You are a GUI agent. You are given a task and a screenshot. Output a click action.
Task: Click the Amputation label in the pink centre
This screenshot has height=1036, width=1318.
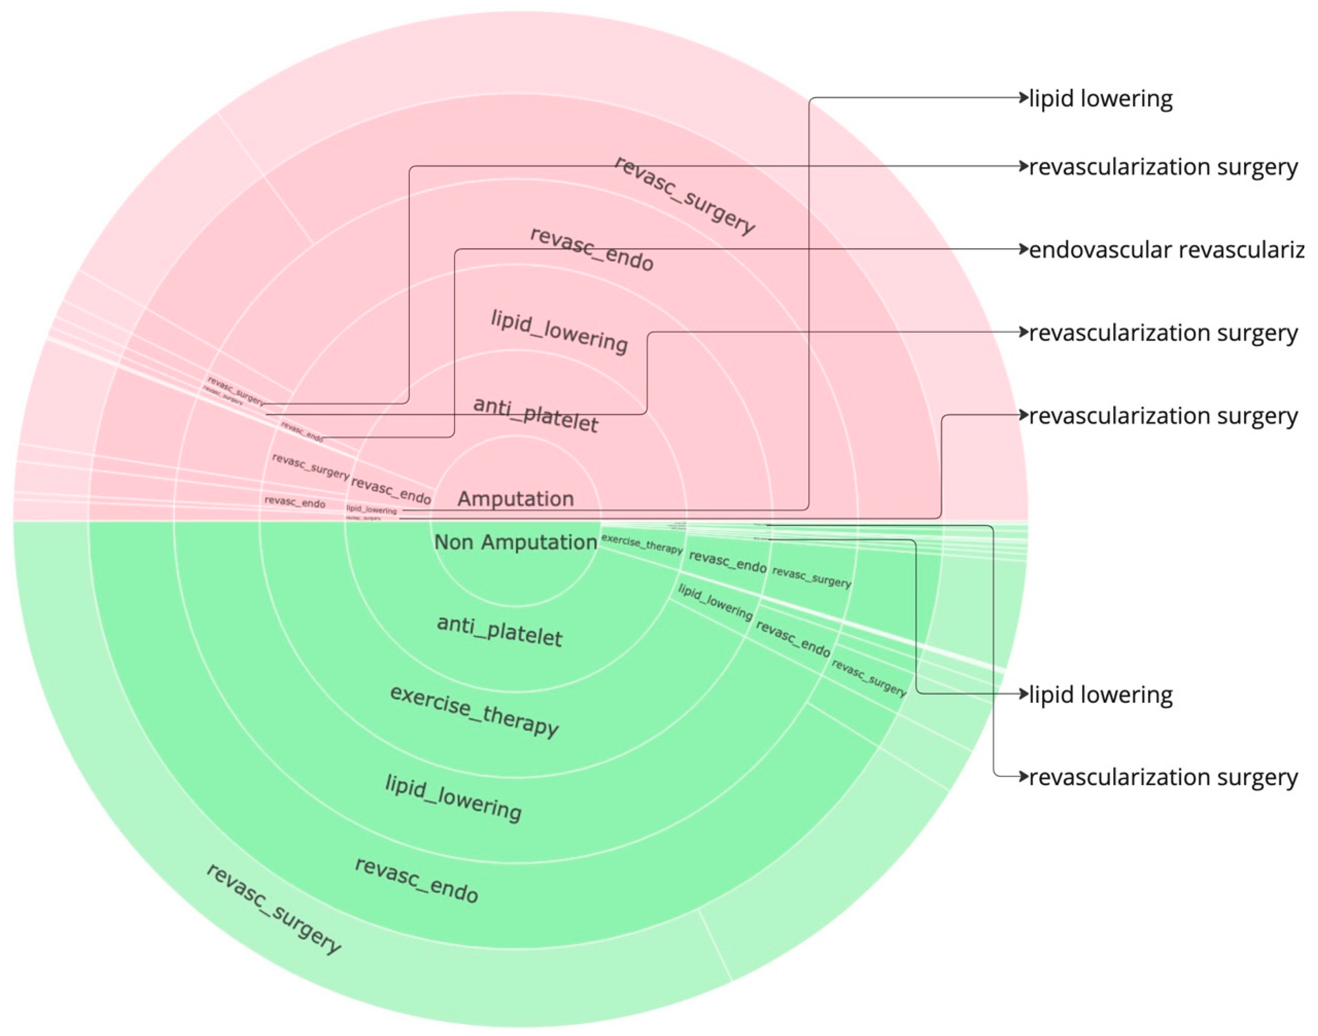point(515,499)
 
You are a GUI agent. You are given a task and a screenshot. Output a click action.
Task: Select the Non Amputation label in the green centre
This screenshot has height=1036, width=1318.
point(515,542)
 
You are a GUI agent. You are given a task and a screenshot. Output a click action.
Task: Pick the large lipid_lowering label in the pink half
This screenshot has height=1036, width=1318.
point(559,332)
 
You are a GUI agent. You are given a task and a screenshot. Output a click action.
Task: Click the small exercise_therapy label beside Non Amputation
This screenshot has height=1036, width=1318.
point(642,544)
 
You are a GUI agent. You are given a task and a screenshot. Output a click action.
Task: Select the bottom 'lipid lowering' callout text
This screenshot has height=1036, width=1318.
point(1101,695)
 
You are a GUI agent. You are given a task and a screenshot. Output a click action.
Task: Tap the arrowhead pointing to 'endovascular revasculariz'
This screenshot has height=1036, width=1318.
point(1025,249)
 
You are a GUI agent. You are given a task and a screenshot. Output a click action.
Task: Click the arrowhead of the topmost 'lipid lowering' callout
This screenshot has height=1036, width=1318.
point(1025,98)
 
